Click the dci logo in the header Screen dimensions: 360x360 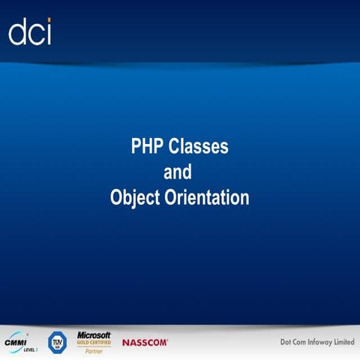click(30, 32)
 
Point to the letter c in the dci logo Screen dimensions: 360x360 click(34, 34)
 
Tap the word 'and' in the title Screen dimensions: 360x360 click(178, 172)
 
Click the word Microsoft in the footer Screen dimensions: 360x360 click(94, 334)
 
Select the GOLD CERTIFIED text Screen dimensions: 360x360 click(93, 342)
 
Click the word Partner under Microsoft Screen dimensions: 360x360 click(94, 350)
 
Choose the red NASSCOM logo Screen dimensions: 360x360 click(145, 342)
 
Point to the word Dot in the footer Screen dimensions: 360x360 click(277, 342)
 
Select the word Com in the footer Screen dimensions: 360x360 click(293, 342)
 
